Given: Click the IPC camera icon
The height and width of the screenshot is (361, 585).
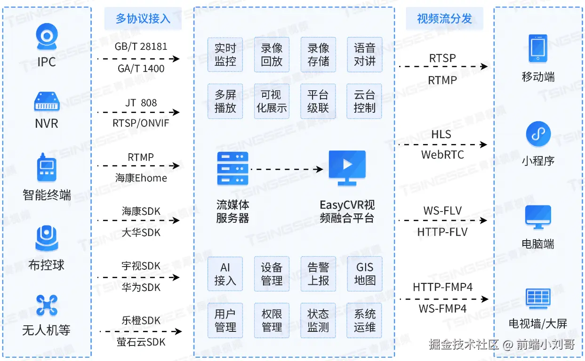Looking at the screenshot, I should pyautogui.click(x=47, y=38).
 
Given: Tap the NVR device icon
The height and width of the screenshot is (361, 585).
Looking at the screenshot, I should pyautogui.click(x=47, y=102).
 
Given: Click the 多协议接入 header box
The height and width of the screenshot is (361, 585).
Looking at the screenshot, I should pyautogui.click(x=143, y=19).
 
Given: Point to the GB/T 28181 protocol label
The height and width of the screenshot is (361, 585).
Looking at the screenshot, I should pyautogui.click(x=141, y=47).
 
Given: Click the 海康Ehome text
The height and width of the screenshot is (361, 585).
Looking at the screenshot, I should pyautogui.click(x=141, y=178).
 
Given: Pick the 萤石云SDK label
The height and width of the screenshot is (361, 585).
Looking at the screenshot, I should pyautogui.click(x=141, y=342).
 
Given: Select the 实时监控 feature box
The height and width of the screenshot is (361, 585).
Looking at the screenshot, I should pyautogui.click(x=225, y=55).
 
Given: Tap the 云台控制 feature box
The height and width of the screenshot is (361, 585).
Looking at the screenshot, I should pyautogui.click(x=364, y=101).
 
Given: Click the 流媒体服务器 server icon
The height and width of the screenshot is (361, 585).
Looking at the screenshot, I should pyautogui.click(x=232, y=168).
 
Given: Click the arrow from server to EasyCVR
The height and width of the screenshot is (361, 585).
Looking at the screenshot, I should pyautogui.click(x=287, y=168).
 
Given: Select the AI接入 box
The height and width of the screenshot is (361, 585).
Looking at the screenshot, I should pyautogui.click(x=225, y=274).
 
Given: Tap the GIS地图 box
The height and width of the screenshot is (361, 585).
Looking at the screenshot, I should pyautogui.click(x=364, y=274).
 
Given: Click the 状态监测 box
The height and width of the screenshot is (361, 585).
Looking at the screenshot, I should pyautogui.click(x=318, y=320).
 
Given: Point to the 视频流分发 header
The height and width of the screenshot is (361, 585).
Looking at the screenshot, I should pyautogui.click(x=444, y=19).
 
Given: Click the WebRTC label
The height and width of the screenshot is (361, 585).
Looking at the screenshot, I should pyautogui.click(x=442, y=155).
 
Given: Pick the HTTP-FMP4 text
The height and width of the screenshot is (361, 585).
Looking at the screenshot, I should pyautogui.click(x=442, y=287).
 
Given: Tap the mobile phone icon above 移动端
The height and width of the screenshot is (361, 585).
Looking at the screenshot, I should pyautogui.click(x=538, y=48).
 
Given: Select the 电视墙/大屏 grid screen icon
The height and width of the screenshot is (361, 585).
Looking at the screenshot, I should pyautogui.click(x=538, y=299).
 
